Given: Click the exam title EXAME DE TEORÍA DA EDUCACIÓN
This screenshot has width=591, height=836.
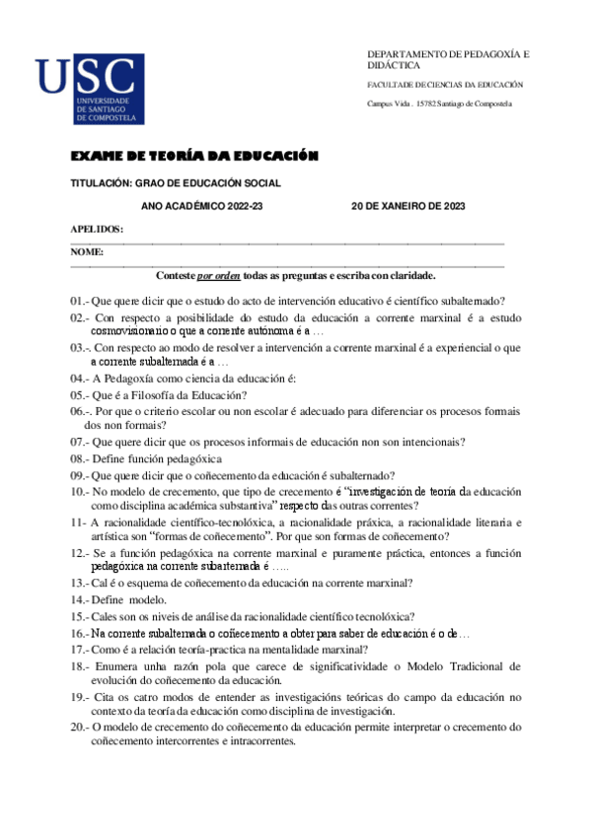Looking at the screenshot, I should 194,157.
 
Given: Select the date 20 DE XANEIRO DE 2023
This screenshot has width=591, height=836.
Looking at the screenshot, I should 407,206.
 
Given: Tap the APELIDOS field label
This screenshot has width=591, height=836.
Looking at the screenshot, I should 97,229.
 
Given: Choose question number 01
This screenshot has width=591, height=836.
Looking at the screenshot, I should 79,301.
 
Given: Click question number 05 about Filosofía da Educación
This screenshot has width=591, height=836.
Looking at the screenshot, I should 79,394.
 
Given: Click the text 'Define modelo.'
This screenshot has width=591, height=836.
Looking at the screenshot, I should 129,599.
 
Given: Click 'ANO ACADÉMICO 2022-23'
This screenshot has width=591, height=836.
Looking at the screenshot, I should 202,206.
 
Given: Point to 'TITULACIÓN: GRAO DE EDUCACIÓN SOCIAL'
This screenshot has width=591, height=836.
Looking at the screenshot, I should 176,182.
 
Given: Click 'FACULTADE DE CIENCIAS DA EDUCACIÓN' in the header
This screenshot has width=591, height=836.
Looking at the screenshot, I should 445,85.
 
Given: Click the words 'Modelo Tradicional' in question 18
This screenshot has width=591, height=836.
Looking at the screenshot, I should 466,666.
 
